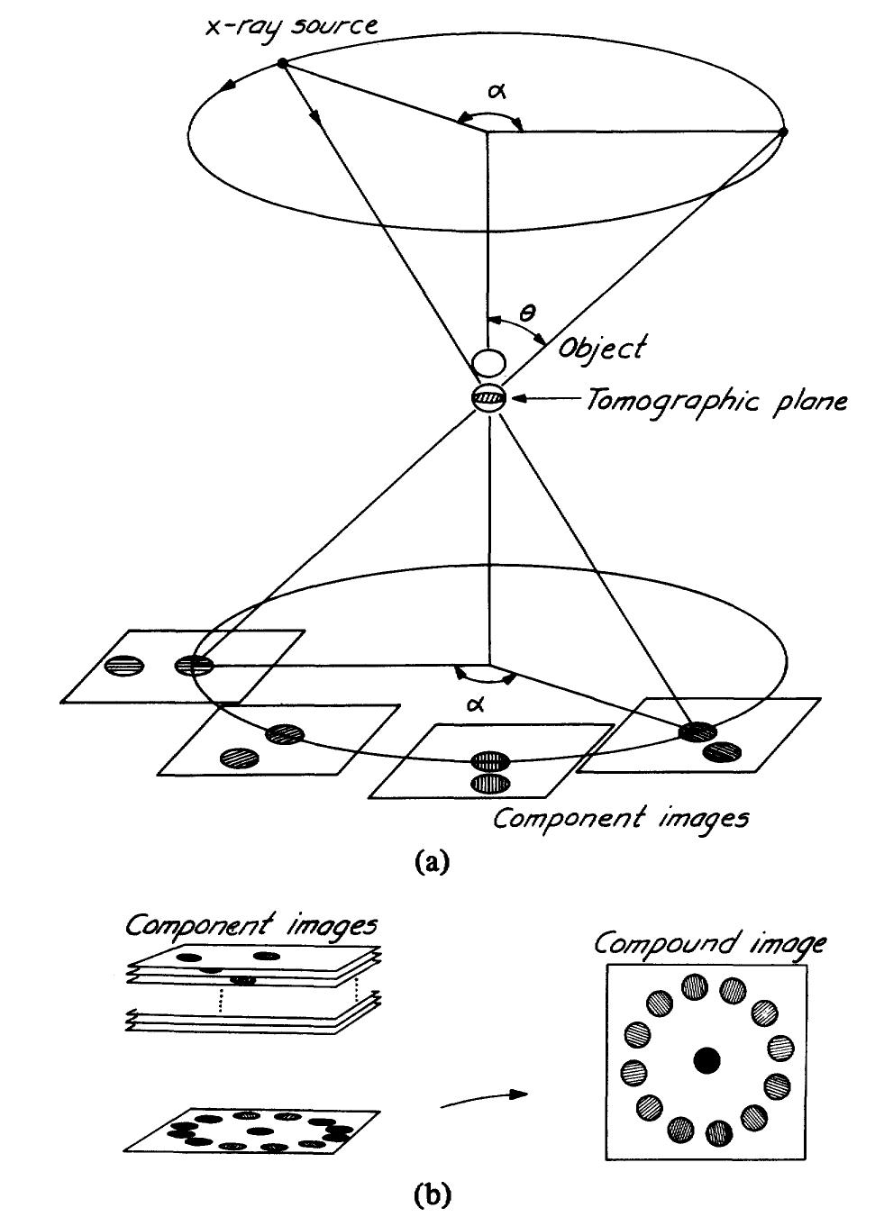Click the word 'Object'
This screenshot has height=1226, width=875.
(x=601, y=348)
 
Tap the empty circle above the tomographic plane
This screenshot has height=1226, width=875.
(x=487, y=363)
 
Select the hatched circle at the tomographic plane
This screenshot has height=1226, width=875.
(x=487, y=397)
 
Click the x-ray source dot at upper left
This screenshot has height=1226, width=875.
(x=282, y=63)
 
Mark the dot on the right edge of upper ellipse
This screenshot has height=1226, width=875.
(x=782, y=132)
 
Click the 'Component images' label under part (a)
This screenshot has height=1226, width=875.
(x=621, y=818)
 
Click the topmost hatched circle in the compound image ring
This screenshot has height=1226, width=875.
(x=695, y=987)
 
